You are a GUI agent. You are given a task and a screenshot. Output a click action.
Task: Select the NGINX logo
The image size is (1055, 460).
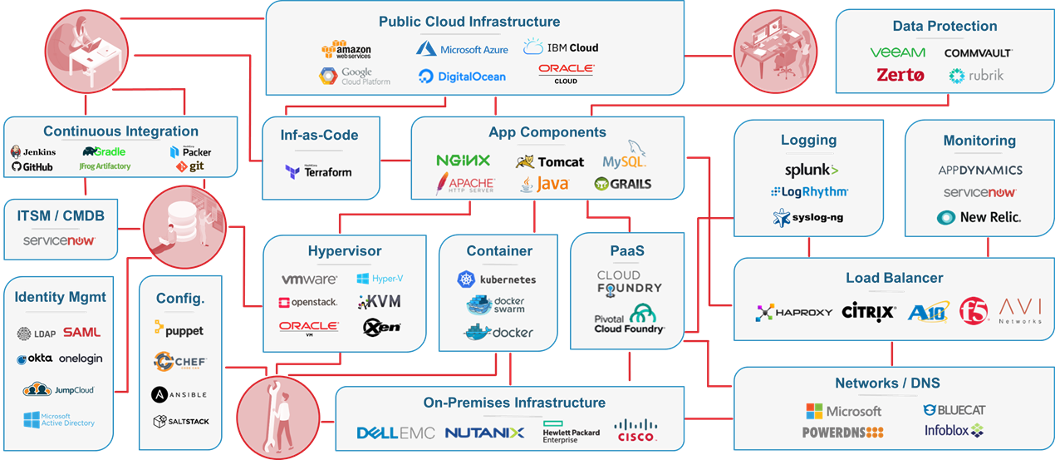[463, 161]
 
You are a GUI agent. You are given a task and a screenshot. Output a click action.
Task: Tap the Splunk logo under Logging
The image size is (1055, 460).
[812, 170]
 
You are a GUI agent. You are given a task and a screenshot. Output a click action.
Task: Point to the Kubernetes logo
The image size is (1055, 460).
[497, 279]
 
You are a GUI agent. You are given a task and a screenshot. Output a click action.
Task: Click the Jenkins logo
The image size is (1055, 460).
[34, 152]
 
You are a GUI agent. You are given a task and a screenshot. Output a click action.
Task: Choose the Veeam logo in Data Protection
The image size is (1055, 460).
[897, 52]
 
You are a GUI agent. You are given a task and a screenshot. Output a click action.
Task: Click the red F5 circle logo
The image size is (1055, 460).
[974, 311]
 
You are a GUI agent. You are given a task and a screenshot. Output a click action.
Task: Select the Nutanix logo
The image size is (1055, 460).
[484, 433]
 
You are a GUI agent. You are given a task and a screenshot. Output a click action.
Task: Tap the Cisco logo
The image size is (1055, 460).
[636, 430]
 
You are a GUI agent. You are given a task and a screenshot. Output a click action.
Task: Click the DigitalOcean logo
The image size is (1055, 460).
[461, 77]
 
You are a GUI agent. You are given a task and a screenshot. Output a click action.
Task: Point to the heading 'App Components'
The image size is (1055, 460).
[547, 132]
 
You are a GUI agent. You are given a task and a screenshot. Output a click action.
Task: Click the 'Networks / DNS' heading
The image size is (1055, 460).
[887, 383]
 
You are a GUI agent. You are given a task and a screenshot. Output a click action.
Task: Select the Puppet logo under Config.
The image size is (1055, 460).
[179, 330]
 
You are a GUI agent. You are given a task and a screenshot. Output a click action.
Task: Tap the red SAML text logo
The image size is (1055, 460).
[81, 333]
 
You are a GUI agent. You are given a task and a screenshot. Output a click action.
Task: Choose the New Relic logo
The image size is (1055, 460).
[979, 218]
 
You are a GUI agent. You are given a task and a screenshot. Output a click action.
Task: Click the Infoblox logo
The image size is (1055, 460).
[954, 431]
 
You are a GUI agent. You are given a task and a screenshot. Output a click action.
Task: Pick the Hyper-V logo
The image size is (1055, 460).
[380, 279]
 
